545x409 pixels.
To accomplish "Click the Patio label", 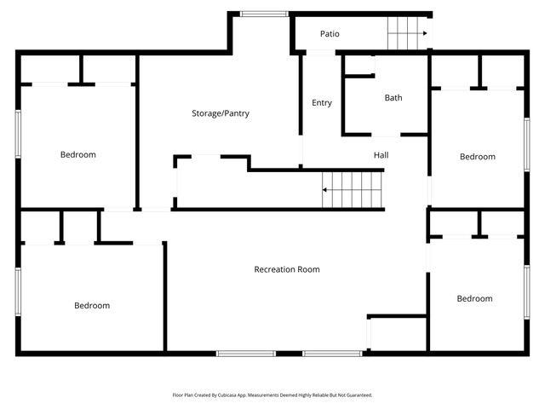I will [330, 34].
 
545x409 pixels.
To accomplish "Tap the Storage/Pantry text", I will [221, 113].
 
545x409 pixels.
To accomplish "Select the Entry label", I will [322, 103].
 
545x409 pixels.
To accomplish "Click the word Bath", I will [393, 98].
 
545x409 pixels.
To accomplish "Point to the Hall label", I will [381, 156].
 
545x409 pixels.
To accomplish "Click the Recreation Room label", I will [287, 269].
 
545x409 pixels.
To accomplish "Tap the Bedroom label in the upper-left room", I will [77, 155].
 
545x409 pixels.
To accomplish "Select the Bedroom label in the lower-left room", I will [91, 306].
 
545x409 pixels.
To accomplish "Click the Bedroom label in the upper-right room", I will [477, 157].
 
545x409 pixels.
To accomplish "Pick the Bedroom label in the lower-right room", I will [474, 299].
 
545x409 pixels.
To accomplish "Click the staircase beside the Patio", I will [405, 34].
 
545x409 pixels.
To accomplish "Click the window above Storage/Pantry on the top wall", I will [253, 14].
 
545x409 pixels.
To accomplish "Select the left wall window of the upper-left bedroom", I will [18, 134].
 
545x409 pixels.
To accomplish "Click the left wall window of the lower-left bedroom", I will [18, 292].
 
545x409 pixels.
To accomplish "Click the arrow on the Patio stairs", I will [423, 34].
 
